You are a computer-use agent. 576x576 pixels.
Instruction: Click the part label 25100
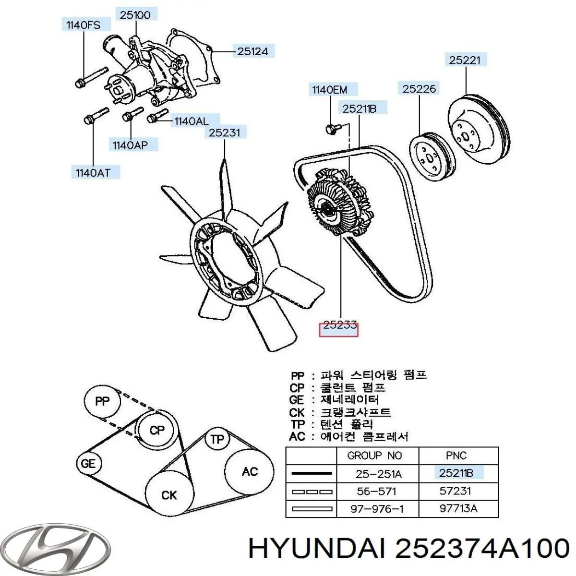(x=135, y=15)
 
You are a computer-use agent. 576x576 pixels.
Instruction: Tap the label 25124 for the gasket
(x=252, y=51)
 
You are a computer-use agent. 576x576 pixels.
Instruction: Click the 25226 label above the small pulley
(x=419, y=88)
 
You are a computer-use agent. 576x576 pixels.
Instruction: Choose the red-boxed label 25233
(x=339, y=326)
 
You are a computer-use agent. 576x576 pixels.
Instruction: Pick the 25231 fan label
(x=224, y=132)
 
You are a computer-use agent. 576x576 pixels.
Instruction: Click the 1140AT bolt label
(x=92, y=173)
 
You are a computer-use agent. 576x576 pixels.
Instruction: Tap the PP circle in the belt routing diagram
(x=102, y=401)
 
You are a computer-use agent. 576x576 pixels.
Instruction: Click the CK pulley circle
(x=169, y=494)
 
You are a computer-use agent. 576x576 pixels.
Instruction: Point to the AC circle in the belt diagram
(x=250, y=471)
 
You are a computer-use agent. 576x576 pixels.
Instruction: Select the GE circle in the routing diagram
(x=88, y=463)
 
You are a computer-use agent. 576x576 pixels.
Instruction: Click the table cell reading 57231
(x=455, y=491)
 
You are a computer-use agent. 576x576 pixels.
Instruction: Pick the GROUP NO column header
(x=374, y=456)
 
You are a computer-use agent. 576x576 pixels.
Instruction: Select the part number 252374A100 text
(x=480, y=548)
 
